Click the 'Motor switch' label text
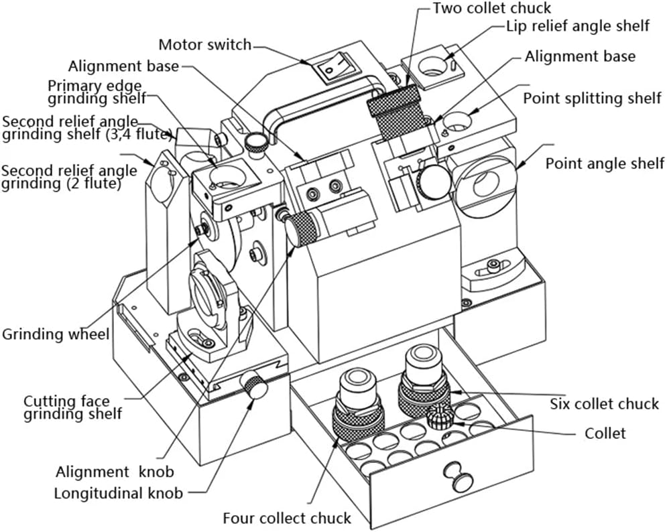[204, 45]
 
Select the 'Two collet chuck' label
[491, 8]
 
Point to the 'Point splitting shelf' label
[592, 98]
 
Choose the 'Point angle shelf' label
[605, 163]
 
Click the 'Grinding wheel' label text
[56, 333]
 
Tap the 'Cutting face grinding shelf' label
[73, 407]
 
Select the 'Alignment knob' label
[115, 471]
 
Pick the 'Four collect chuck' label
[287, 518]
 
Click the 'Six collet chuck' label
[604, 403]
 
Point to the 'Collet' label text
[605, 433]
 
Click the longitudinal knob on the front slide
[255, 387]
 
